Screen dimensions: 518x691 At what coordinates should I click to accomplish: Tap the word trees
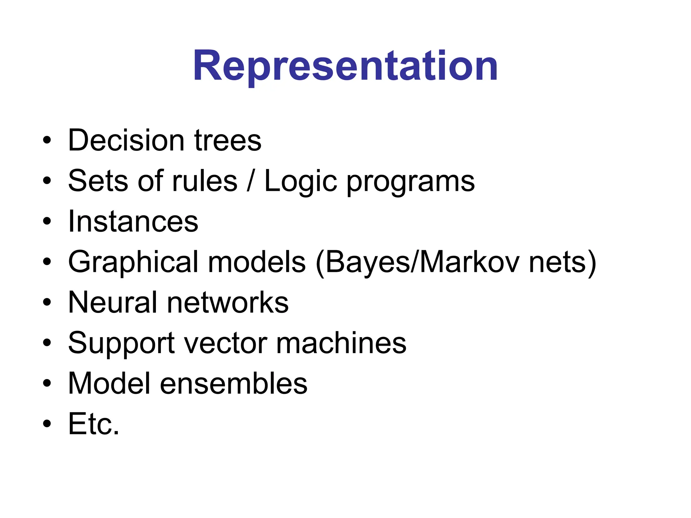[228, 140]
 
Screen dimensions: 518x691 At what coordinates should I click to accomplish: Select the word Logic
[301, 181]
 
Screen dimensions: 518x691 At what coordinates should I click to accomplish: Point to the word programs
[411, 182]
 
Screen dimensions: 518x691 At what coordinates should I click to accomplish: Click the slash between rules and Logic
[250, 181]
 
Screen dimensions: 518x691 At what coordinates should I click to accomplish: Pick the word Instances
[133, 222]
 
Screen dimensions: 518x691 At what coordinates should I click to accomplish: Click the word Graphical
[133, 262]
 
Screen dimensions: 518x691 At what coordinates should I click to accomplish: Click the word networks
[228, 303]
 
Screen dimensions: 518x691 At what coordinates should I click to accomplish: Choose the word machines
[341, 343]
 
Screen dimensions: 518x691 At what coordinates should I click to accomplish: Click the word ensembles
[233, 383]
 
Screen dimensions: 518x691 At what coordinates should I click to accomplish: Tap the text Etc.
[94, 424]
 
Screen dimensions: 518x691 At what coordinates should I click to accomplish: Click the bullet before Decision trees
[47, 140]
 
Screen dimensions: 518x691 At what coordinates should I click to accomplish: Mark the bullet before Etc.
[47, 424]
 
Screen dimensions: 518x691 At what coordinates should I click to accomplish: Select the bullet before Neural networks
[47, 303]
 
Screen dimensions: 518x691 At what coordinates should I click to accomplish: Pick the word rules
[205, 181]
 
